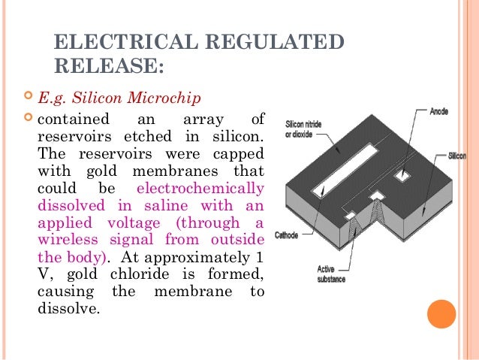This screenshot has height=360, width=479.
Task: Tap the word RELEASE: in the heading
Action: pyautogui.click(x=110, y=67)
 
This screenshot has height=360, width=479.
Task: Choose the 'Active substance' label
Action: pyautogui.click(x=330, y=274)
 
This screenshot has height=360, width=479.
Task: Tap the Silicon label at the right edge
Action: pyautogui.click(x=456, y=156)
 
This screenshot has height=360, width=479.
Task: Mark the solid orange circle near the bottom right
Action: pyautogui.click(x=442, y=313)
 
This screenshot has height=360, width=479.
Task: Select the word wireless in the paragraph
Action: pyautogui.click(x=65, y=240)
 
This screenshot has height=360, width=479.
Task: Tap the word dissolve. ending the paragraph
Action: pyautogui.click(x=68, y=308)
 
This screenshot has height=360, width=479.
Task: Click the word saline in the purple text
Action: pyautogui.click(x=161, y=205)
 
